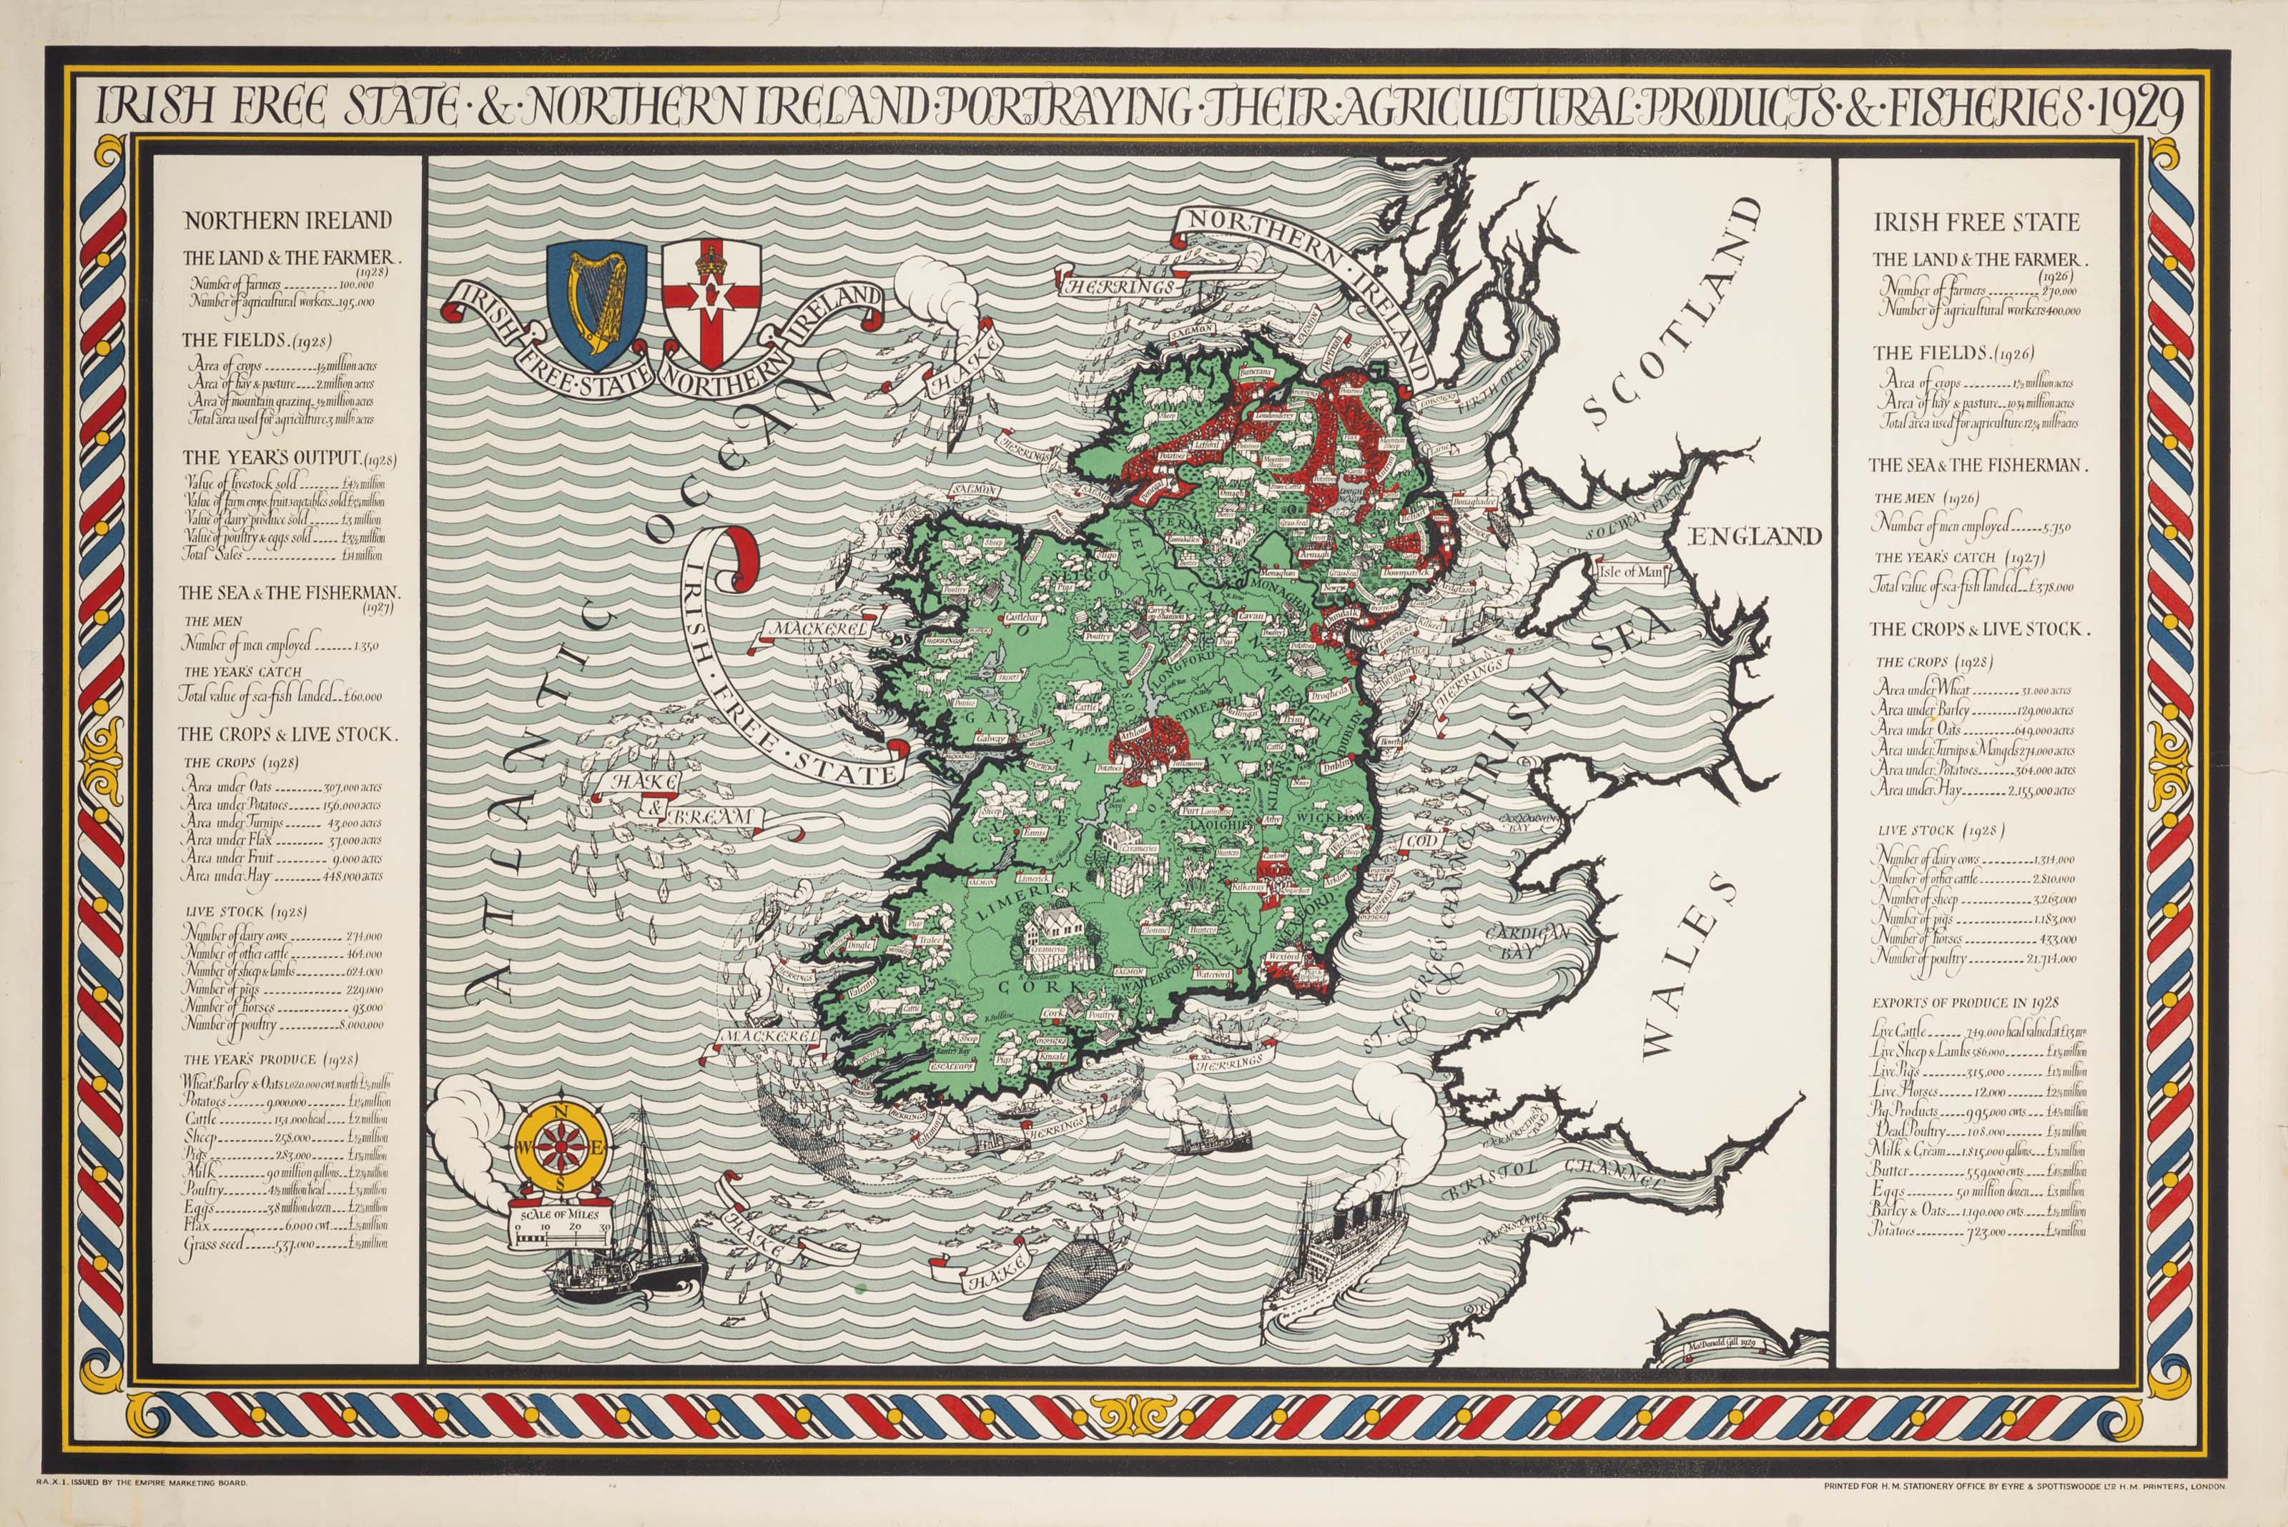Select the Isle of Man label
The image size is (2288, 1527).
pyautogui.click(x=1629, y=572)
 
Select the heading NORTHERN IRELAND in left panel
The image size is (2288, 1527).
pyautogui.click(x=287, y=221)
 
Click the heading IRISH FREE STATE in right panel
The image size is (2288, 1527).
pyautogui.click(x=1976, y=222)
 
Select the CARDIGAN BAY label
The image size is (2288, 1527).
pyautogui.click(x=1527, y=941)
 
